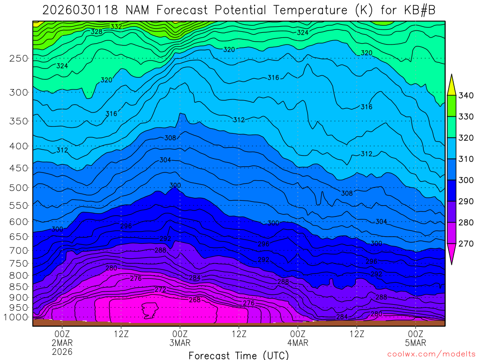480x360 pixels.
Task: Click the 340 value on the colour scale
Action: click(466, 96)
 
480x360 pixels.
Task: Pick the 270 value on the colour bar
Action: click(466, 244)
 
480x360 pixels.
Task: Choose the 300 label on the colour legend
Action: click(466, 180)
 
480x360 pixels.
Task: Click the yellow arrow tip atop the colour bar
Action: click(451, 84)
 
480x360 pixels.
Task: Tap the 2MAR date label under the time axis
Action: click(62, 343)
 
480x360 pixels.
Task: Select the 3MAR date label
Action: click(180, 343)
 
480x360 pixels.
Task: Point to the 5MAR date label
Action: click(416, 343)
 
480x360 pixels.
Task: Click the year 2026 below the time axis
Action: click(62, 352)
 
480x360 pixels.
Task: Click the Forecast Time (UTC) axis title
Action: click(239, 355)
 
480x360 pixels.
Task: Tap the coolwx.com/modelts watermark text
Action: click(431, 354)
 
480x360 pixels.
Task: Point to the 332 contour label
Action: click(116, 27)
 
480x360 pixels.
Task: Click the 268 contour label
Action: click(195, 300)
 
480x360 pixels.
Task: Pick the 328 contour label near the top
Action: click(97, 31)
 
